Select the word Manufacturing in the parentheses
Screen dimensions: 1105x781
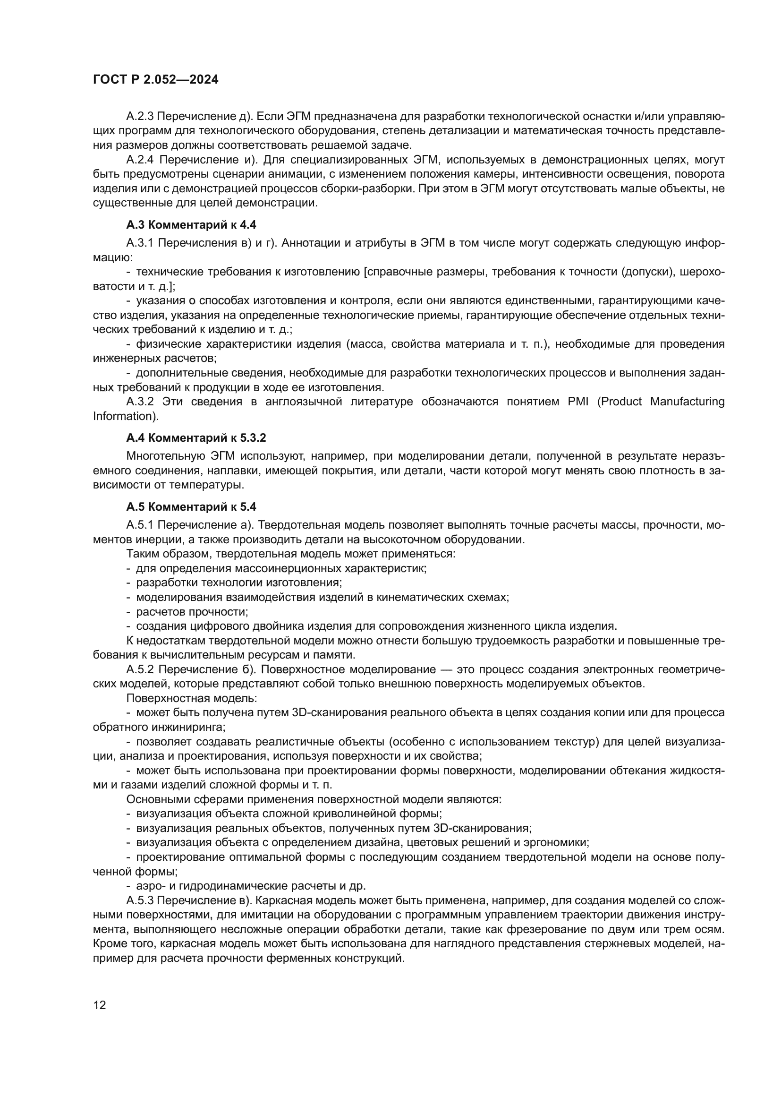pos(687,402)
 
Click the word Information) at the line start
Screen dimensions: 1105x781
pos(126,416)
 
